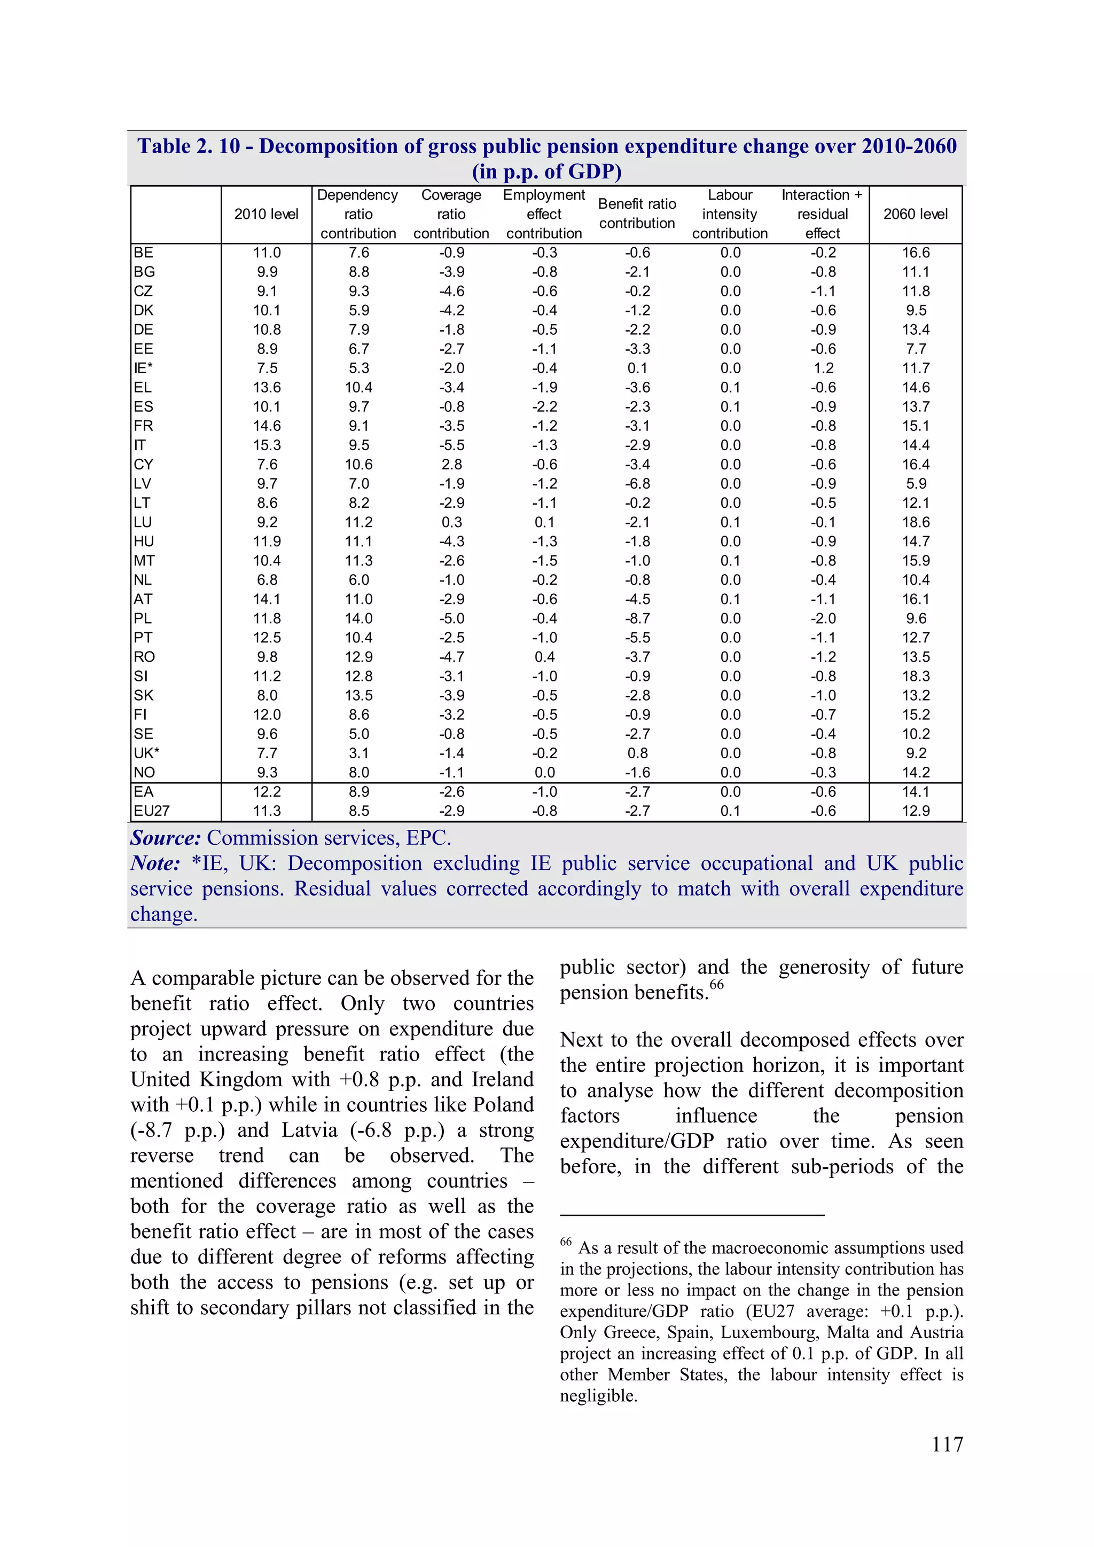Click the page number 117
(947, 1444)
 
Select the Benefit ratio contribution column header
(636, 214)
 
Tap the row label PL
(143, 618)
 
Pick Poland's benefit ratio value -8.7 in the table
(637, 618)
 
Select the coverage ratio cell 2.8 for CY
(451, 464)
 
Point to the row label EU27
(152, 811)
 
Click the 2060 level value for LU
(916, 522)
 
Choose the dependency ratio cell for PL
(358, 618)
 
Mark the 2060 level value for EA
(916, 792)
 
